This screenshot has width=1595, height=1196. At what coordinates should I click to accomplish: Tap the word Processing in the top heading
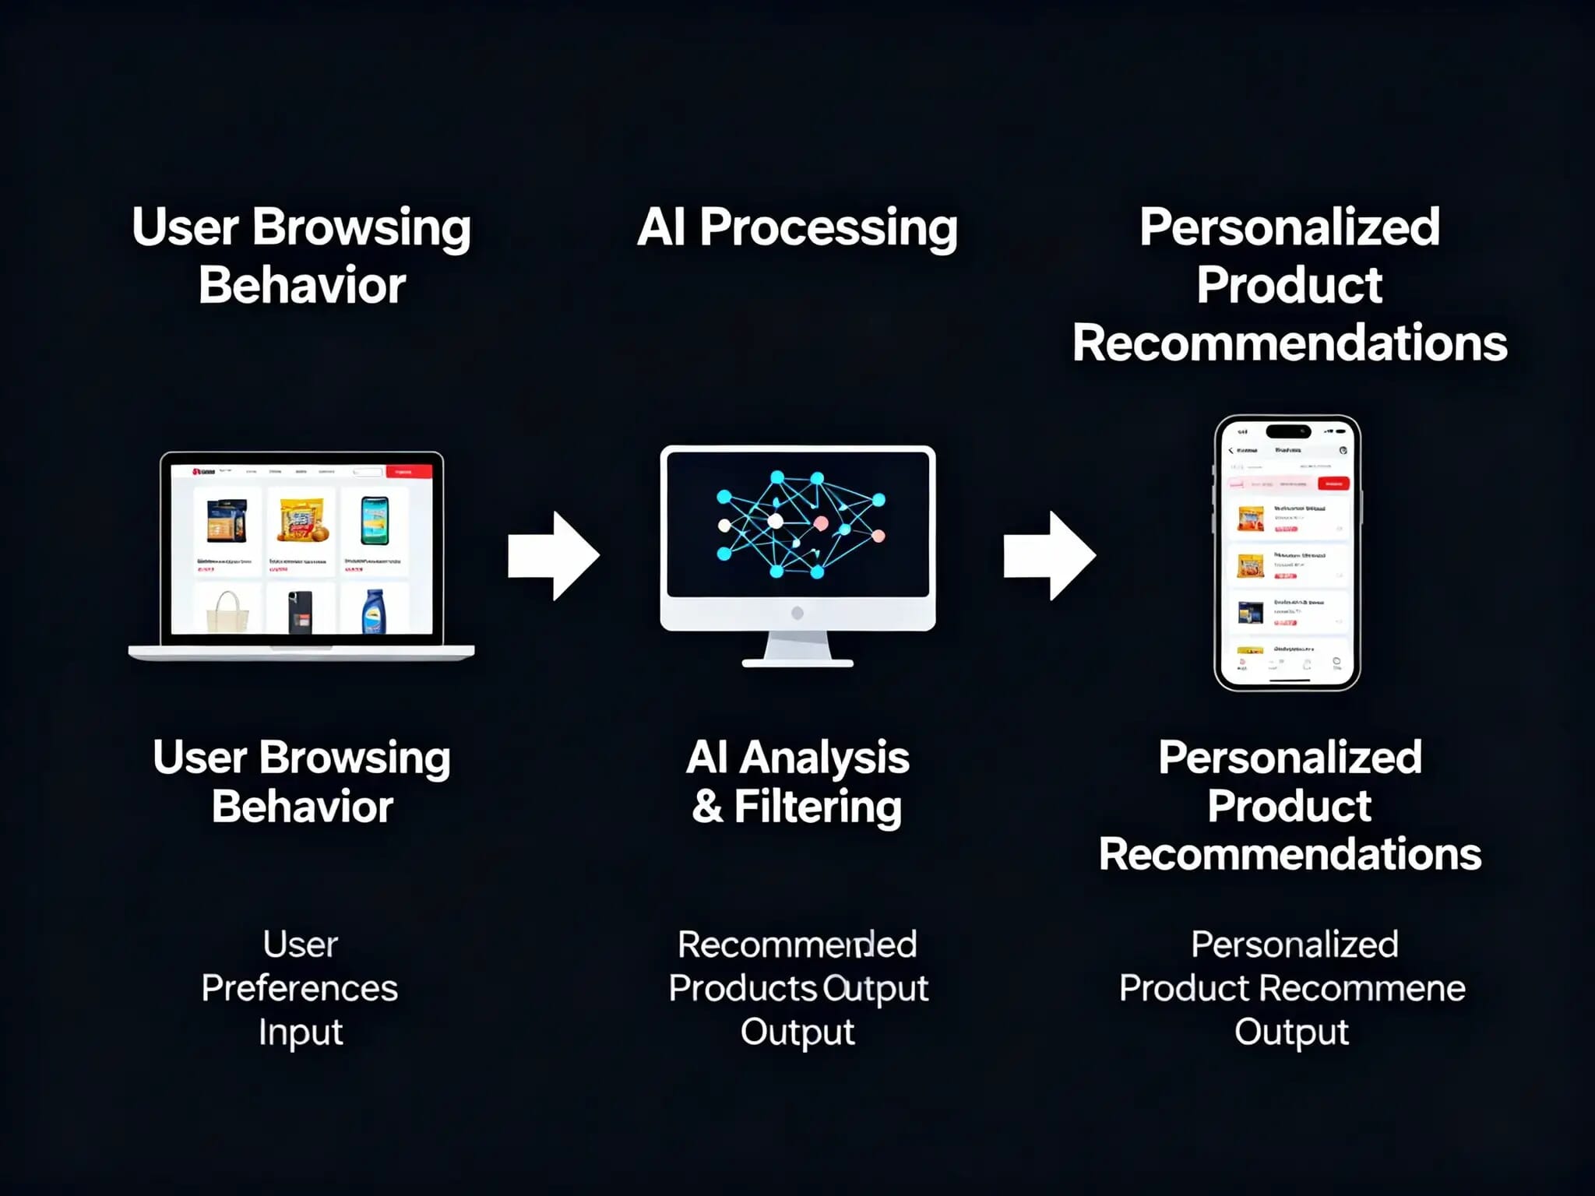tap(828, 228)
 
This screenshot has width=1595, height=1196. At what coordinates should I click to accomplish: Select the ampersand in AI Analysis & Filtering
tap(706, 807)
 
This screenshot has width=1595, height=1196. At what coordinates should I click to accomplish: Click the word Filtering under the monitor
tap(818, 807)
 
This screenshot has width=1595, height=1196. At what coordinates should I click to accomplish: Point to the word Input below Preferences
tap(301, 1032)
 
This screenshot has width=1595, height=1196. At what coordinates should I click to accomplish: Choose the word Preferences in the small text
tap(300, 988)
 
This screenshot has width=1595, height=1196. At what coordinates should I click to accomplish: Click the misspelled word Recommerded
tap(797, 944)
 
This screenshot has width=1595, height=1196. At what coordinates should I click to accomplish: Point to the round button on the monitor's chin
tap(797, 613)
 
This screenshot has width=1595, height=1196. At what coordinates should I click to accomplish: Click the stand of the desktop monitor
tap(797, 649)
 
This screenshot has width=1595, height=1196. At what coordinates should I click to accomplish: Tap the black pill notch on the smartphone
tap(1288, 431)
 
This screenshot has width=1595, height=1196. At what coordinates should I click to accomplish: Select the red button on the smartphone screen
tap(1333, 484)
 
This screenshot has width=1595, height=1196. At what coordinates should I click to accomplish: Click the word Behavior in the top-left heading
tap(302, 286)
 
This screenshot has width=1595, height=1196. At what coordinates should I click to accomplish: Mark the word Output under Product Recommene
tap(1291, 1032)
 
